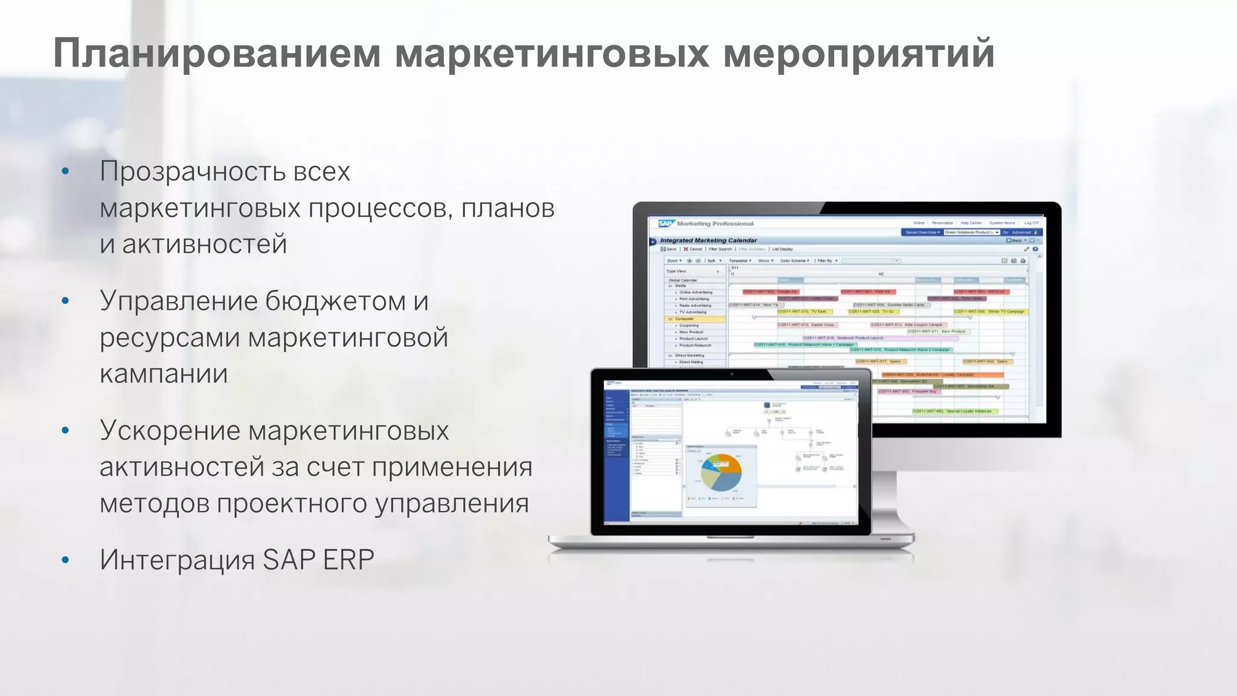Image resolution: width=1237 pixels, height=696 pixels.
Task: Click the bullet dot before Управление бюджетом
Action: [65, 301]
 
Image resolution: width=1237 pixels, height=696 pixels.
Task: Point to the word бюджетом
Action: [335, 301]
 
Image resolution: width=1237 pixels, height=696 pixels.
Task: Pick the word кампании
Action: [164, 374]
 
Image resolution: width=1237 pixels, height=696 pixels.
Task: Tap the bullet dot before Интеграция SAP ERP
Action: [65, 560]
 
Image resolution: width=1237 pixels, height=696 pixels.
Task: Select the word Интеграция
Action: [177, 560]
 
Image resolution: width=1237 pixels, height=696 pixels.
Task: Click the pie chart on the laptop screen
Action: [721, 472]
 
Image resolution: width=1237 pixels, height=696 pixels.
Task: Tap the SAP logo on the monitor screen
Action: [665, 224]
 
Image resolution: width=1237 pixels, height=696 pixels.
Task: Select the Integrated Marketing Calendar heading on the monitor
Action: [708, 240]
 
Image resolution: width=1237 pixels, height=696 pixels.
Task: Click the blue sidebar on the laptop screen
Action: [617, 453]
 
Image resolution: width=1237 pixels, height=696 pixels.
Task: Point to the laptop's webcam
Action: [731, 374]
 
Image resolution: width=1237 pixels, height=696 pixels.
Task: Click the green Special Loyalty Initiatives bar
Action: [954, 411]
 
